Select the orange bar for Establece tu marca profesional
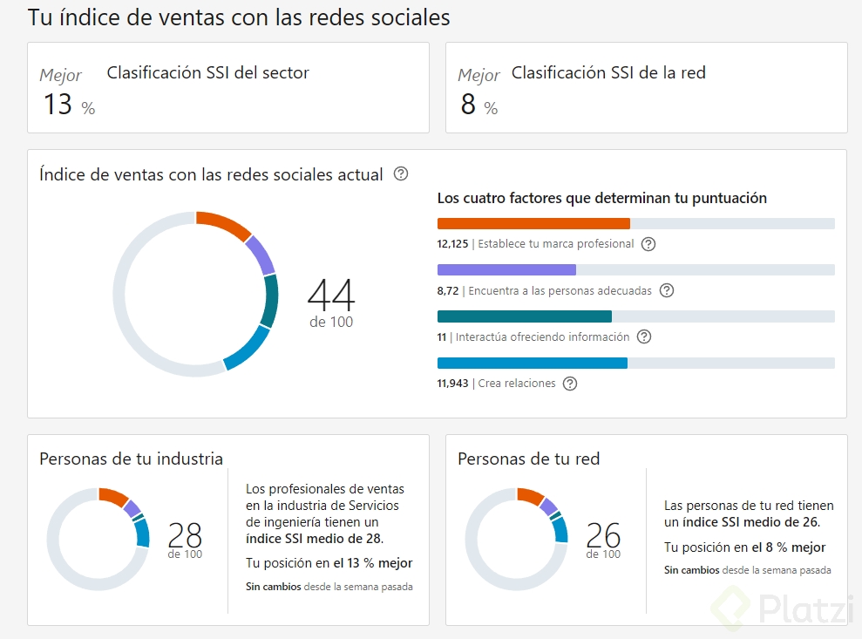533,224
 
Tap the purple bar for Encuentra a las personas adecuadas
506,270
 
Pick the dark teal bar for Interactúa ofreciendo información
524,316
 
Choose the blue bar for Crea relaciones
532,363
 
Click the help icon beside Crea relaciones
570,384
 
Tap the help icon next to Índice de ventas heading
401,173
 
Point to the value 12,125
452,244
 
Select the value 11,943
452,384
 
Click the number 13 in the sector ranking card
58,105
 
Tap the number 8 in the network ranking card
468,105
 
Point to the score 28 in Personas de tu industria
185,534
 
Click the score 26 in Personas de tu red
603,534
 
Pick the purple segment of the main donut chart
261,255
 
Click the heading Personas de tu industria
131,459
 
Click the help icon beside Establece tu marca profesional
648,244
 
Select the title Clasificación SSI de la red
608,73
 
